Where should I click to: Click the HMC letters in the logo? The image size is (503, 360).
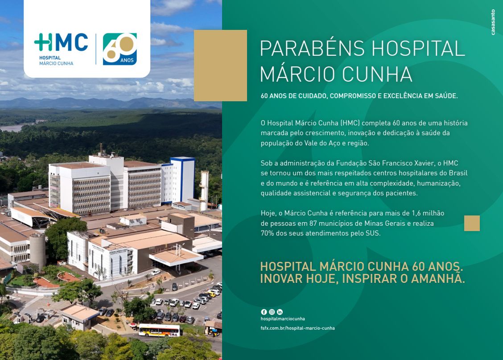click(x=61, y=42)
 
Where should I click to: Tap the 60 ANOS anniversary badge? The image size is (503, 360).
click(x=120, y=49)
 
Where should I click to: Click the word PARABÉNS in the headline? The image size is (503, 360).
click(x=312, y=49)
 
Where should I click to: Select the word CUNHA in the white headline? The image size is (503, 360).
click(x=377, y=74)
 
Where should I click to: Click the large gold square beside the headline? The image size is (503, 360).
click(x=220, y=66)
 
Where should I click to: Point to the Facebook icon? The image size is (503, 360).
click(x=264, y=312)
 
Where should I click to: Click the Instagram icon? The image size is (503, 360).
click(x=272, y=312)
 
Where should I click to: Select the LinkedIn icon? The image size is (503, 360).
click(x=280, y=312)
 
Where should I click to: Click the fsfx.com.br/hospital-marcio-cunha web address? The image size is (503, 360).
click(x=298, y=328)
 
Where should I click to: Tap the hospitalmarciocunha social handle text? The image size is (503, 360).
click(x=283, y=319)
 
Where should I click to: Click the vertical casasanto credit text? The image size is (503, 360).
click(x=493, y=22)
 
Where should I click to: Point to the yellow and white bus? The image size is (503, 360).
click(x=159, y=330)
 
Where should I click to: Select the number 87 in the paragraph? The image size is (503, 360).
click(x=313, y=223)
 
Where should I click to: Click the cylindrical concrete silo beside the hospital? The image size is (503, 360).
click(x=37, y=251)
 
